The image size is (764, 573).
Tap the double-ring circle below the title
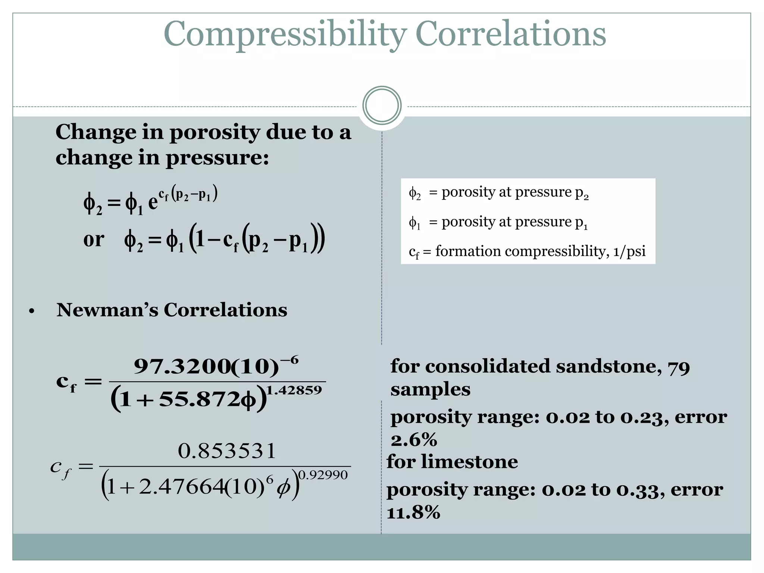(x=382, y=106)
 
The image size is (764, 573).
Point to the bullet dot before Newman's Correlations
(x=32, y=311)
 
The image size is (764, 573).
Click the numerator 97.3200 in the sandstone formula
(x=182, y=367)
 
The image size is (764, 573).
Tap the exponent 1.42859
(x=294, y=390)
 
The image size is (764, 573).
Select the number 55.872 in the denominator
(x=199, y=400)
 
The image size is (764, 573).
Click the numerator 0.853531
(x=227, y=451)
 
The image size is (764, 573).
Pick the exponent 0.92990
(x=323, y=475)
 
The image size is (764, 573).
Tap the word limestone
(x=469, y=462)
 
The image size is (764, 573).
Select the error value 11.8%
(x=413, y=513)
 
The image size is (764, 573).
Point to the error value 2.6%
(x=414, y=440)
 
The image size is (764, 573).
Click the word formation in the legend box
(x=468, y=251)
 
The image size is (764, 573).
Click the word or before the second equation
(x=94, y=239)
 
